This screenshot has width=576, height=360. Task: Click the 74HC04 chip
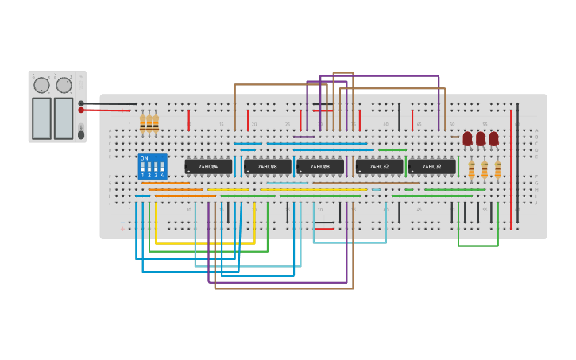[208, 167]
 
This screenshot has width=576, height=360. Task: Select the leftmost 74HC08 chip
[267, 167]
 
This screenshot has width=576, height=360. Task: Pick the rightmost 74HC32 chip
[431, 167]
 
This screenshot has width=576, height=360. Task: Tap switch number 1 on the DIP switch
[143, 168]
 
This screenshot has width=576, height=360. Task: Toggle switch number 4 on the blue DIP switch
[162, 168]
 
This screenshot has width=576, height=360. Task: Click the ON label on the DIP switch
[144, 158]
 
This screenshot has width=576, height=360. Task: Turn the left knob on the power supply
[41, 85]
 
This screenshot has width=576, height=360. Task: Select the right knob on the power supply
[64, 85]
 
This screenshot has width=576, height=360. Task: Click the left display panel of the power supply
[41, 118]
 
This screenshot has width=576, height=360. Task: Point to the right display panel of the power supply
[64, 118]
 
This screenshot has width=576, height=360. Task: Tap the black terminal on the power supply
[81, 103]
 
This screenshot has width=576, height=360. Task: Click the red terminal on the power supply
[81, 110]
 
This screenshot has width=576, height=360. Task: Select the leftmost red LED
[467, 138]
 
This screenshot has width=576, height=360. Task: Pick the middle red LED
[481, 138]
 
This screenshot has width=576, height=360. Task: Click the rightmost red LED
[493, 138]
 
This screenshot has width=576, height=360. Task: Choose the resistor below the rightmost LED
[498, 169]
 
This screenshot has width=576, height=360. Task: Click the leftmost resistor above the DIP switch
[143, 123]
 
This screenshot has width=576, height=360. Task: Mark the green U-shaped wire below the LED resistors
[477, 246]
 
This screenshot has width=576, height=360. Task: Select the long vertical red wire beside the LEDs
[511, 159]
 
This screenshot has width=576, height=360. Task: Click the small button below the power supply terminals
[81, 134]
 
